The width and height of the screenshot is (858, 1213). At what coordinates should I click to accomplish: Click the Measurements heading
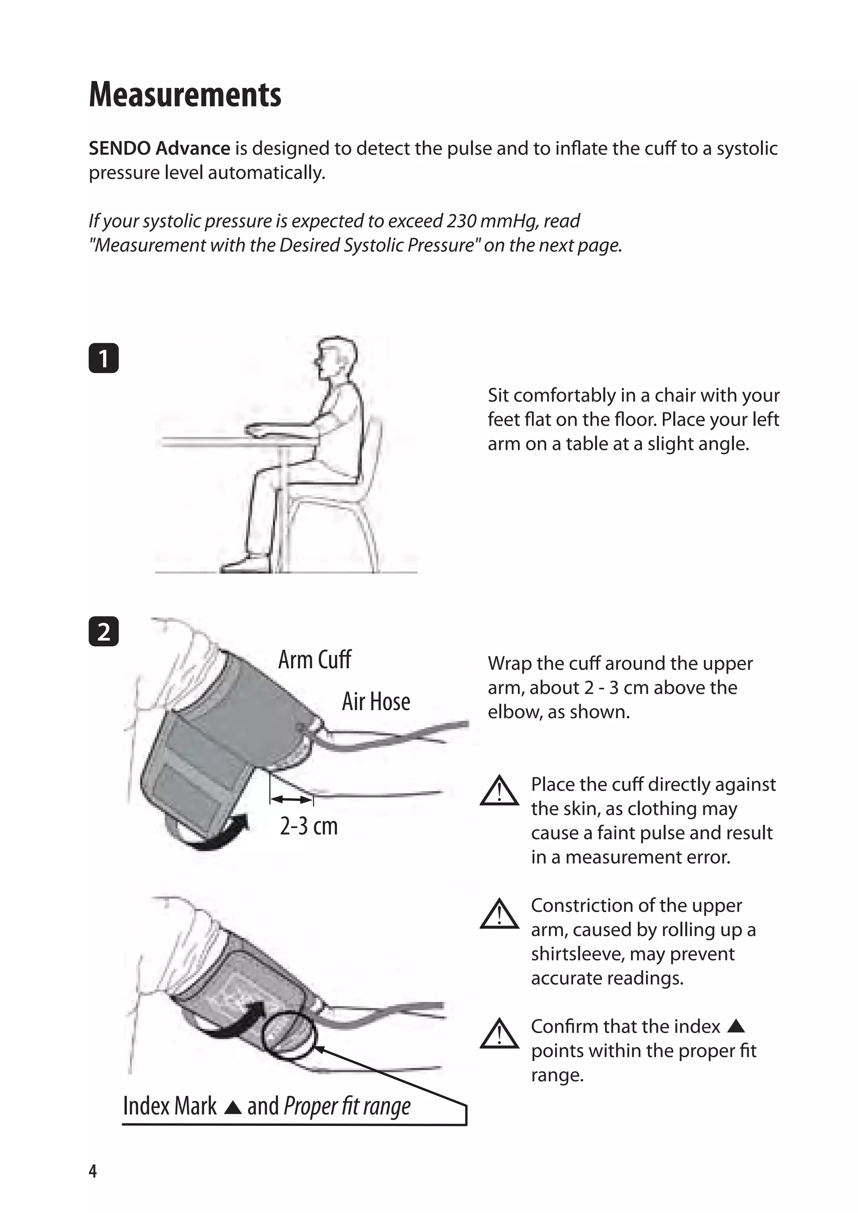tap(185, 95)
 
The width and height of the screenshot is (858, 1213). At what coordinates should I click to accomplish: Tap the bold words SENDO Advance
tap(159, 148)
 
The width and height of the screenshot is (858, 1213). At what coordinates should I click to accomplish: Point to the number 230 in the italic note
tap(460, 221)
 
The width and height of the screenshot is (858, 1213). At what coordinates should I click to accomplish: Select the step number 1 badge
tap(103, 359)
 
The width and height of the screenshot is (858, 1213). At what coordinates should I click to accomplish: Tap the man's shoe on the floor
tap(246, 564)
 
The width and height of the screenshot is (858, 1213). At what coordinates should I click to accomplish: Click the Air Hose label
tap(376, 702)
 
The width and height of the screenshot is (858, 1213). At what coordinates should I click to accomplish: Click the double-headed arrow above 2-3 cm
tap(291, 799)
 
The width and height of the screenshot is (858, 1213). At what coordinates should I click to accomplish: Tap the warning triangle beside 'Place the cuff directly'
tap(499, 791)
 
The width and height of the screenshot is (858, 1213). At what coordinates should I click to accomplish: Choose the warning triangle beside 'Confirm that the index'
tap(499, 1035)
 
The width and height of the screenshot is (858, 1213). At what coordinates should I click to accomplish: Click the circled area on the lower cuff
tap(289, 1035)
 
